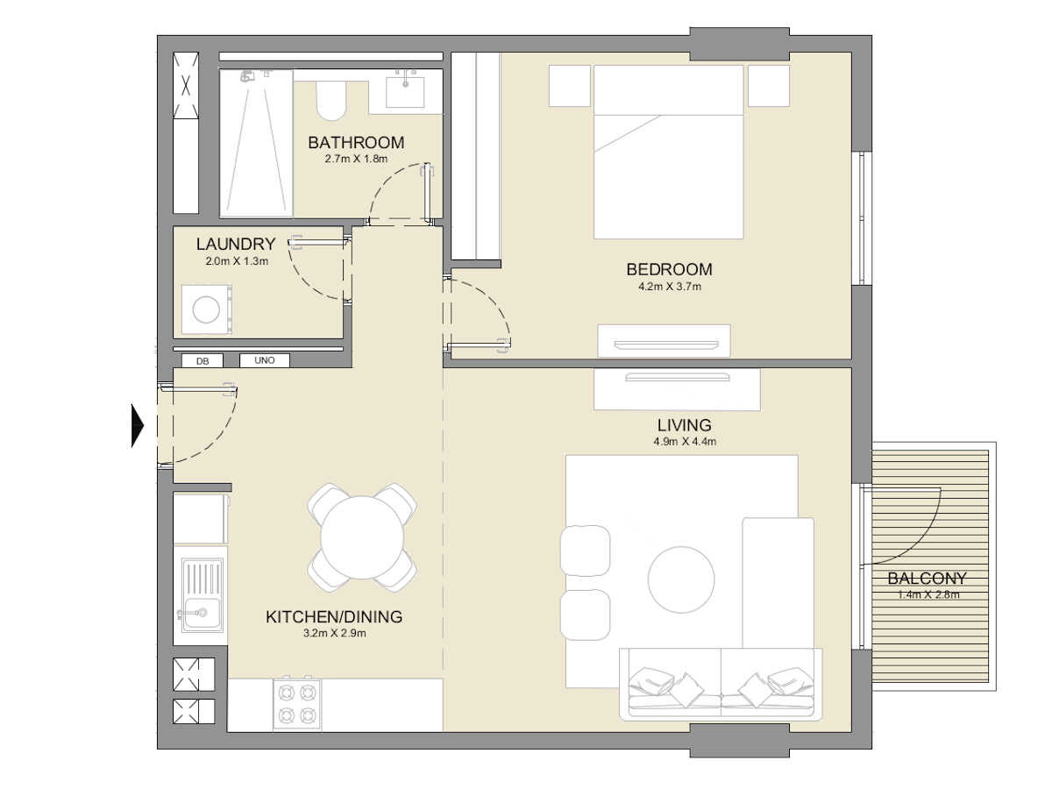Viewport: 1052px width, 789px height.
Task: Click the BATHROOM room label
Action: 356,142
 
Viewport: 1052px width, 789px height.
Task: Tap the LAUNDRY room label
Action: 236,245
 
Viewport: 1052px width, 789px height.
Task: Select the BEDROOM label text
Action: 669,269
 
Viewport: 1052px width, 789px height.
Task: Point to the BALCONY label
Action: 927,579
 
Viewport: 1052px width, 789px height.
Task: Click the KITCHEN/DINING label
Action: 334,617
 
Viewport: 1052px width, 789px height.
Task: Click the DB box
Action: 203,360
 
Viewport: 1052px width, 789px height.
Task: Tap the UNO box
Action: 264,360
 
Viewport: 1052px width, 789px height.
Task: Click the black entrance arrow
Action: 138,425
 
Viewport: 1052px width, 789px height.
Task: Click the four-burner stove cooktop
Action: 295,703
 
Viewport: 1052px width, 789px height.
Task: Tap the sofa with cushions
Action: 721,685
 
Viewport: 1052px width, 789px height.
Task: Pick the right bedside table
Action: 770,86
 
